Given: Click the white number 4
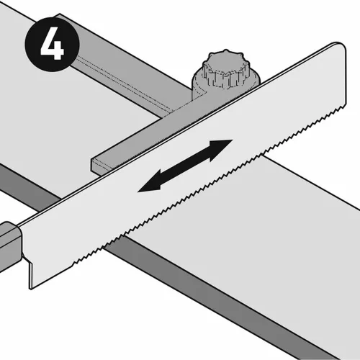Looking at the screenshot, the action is pos(53,43).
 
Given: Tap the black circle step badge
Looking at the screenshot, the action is pos(52,44).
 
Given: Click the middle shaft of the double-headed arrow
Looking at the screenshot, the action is pos(185,166).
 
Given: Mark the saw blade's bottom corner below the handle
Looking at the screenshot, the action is pos(30,289).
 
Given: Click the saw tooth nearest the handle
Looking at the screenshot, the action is pos(73,265).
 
